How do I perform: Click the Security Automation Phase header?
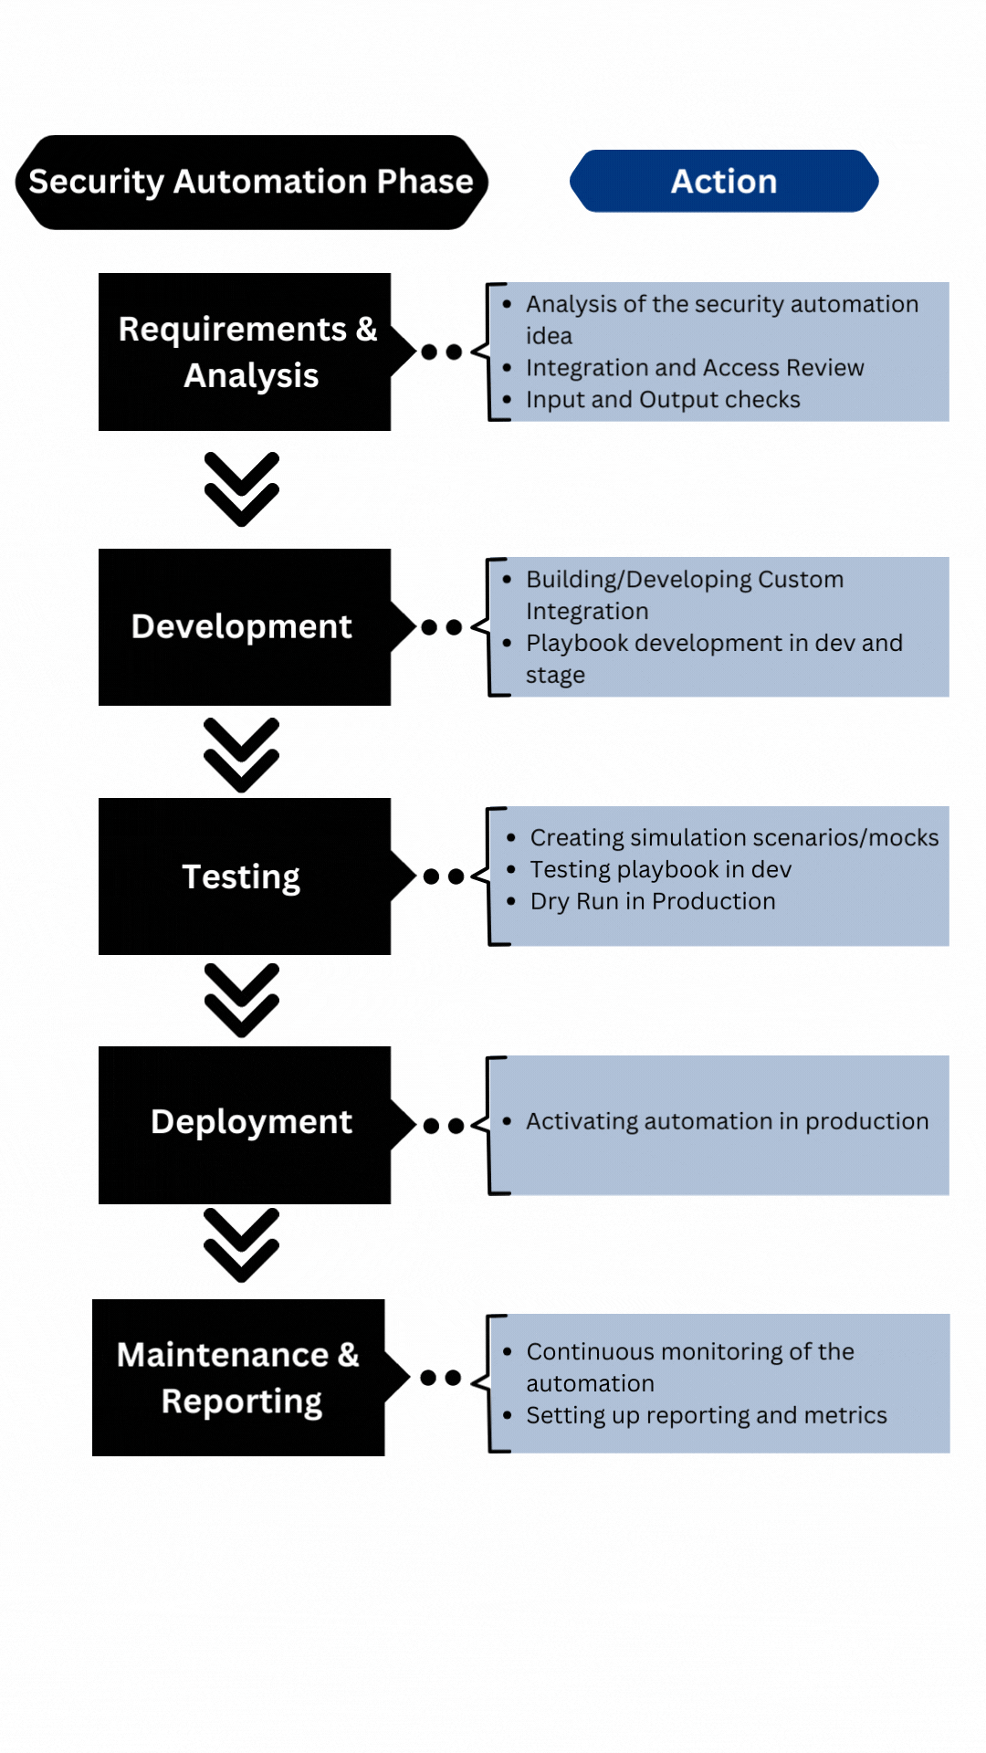[252, 182]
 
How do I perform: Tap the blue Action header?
[724, 181]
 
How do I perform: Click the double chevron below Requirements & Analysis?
[242, 489]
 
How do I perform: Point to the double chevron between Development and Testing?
[242, 755]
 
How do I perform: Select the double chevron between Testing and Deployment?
[242, 1000]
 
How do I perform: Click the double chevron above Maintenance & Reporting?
[242, 1245]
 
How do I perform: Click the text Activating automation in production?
[728, 1121]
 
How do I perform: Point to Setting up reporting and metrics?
[707, 1415]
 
